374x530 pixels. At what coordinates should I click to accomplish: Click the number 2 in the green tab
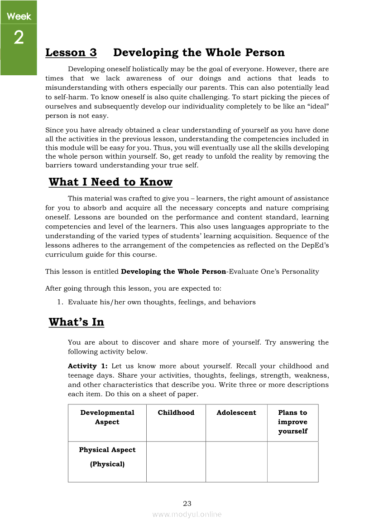pyautogui.click(x=19, y=38)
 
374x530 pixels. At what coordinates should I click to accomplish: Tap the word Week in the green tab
pyautogui.click(x=19, y=16)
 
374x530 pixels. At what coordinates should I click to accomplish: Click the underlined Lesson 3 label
pyautogui.click(x=71, y=53)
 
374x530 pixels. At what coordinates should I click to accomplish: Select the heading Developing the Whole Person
pyautogui.click(x=199, y=53)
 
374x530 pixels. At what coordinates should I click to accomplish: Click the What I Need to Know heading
pyautogui.click(x=110, y=182)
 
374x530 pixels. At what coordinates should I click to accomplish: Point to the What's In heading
pyautogui.click(x=77, y=322)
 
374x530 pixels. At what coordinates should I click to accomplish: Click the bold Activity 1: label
pyautogui.click(x=87, y=366)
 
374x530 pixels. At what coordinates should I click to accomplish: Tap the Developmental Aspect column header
pyautogui.click(x=107, y=417)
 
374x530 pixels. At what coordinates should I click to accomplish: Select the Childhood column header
pyautogui.click(x=176, y=413)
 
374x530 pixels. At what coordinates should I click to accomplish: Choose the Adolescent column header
pyautogui.click(x=236, y=413)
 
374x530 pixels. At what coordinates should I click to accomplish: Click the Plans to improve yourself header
pyautogui.click(x=292, y=422)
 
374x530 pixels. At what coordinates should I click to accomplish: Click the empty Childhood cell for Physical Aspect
pyautogui.click(x=176, y=462)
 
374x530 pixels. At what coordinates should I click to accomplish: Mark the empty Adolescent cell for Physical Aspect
pyautogui.click(x=236, y=462)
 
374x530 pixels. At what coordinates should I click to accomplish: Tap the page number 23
pyautogui.click(x=187, y=503)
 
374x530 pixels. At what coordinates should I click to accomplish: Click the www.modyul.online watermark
pyautogui.click(x=187, y=514)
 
